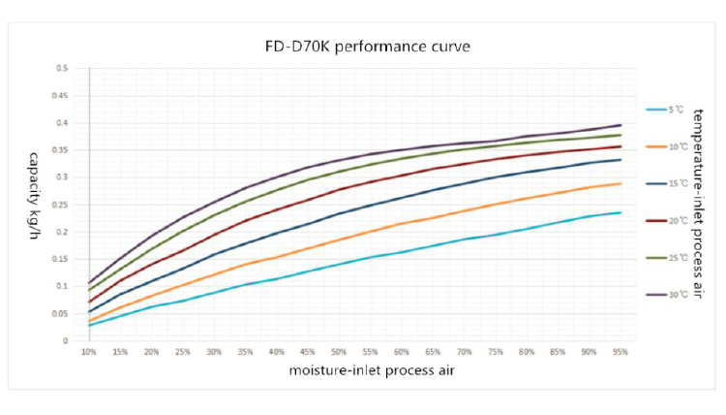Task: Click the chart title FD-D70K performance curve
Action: (363, 46)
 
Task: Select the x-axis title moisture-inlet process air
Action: (362, 370)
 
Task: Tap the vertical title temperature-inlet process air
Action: (698, 205)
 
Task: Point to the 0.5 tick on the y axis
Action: (62, 69)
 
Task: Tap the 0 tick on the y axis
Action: (65, 340)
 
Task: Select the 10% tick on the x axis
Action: (89, 352)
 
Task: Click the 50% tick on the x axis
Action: (339, 352)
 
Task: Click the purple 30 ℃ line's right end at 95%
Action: (620, 125)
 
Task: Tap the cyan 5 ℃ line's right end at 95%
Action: (620, 212)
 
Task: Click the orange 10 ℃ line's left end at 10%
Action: (89, 321)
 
